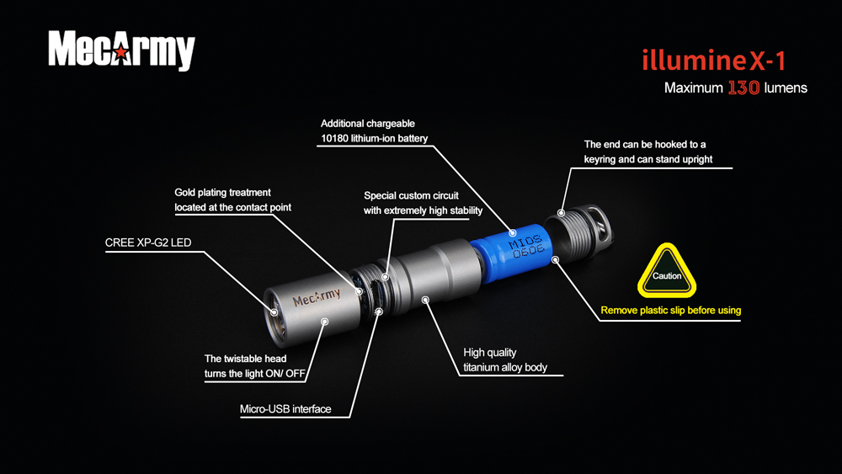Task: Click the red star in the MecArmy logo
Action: (122, 52)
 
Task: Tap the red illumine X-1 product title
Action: (714, 60)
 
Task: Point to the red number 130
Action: (743, 88)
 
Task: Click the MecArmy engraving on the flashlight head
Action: (317, 297)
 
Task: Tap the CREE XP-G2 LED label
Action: (148, 242)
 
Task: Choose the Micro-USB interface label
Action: (285, 409)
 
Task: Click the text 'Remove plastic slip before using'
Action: (671, 311)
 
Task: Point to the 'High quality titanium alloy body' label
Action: (504, 359)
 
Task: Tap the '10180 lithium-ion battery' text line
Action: (375, 139)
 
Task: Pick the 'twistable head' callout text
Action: (254, 366)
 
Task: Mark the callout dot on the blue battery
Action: (512, 233)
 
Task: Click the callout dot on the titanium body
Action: (425, 300)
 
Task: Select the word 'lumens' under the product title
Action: (786, 88)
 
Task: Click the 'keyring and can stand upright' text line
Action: (648, 159)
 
